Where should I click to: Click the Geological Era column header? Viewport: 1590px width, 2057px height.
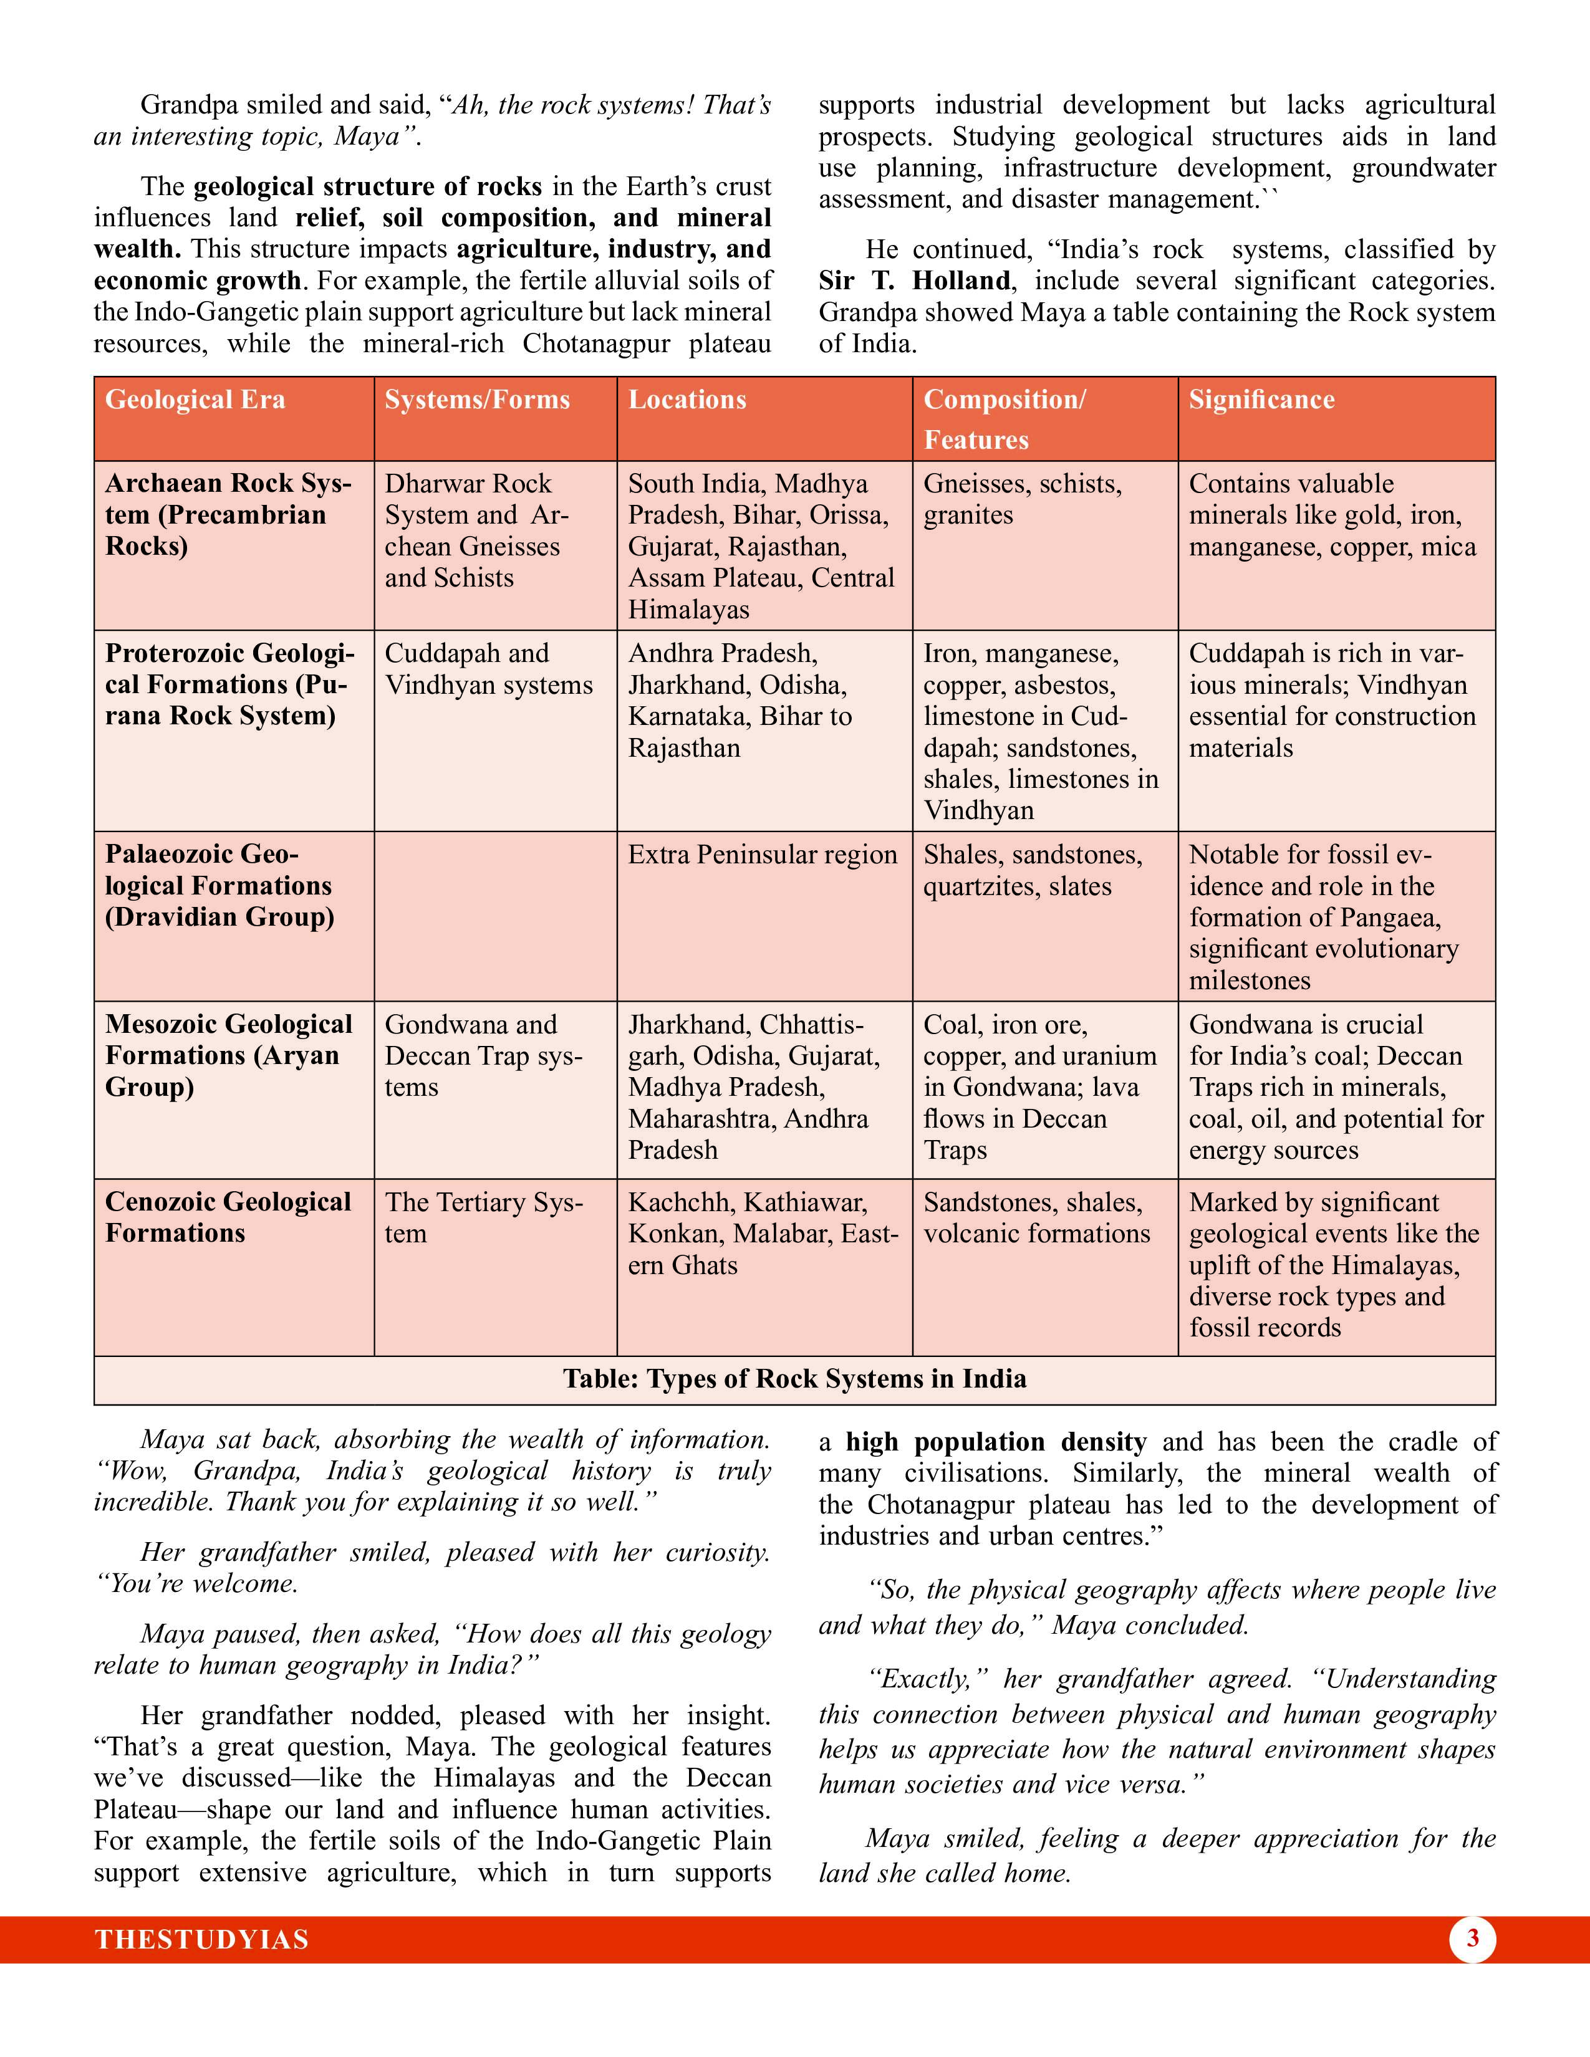click(195, 400)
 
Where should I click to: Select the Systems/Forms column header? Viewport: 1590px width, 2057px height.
click(476, 400)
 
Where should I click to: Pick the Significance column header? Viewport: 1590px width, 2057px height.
click(1261, 400)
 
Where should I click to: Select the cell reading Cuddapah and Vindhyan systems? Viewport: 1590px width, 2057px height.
click(488, 669)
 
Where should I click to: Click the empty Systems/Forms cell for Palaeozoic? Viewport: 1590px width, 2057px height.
click(496, 916)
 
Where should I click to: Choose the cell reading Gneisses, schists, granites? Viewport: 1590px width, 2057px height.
click(1022, 499)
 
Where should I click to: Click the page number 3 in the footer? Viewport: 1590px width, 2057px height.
click(1472, 1939)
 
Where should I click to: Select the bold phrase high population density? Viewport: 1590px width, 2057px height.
click(996, 1442)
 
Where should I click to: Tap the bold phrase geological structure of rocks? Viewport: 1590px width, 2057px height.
click(367, 186)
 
